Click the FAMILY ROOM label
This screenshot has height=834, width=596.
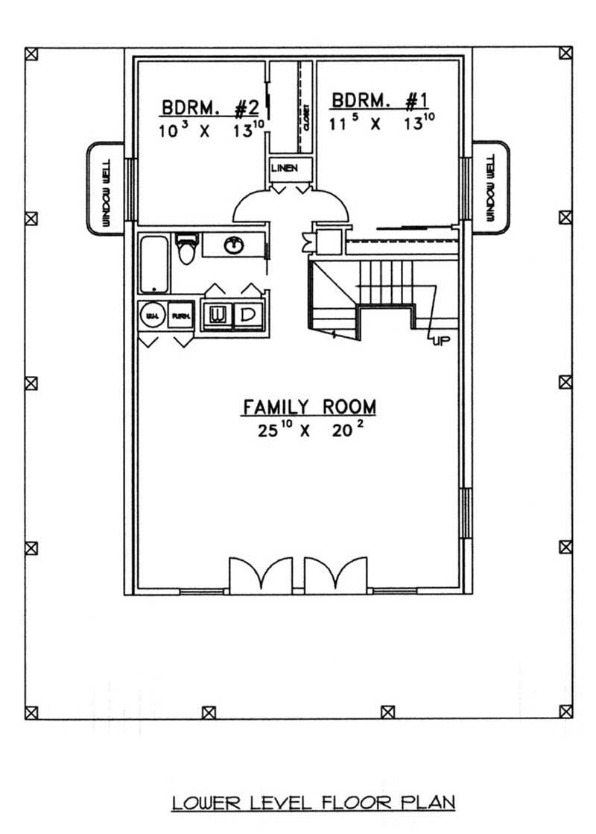pos(309,407)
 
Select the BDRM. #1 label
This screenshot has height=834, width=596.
pos(382,101)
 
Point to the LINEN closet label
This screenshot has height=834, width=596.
pos(285,168)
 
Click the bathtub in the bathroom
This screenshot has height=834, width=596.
pos(154,263)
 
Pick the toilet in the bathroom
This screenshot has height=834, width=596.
pos(186,250)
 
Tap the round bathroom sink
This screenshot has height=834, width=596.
pos(233,245)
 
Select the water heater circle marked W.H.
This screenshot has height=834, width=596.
pos(152,316)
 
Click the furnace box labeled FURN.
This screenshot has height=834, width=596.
pos(180,316)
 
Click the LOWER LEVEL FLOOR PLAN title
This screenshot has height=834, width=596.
pos(313,803)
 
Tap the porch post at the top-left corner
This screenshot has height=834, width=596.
pos(31,54)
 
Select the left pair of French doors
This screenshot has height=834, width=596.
pos(260,575)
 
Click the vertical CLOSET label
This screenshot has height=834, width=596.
pos(306,117)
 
